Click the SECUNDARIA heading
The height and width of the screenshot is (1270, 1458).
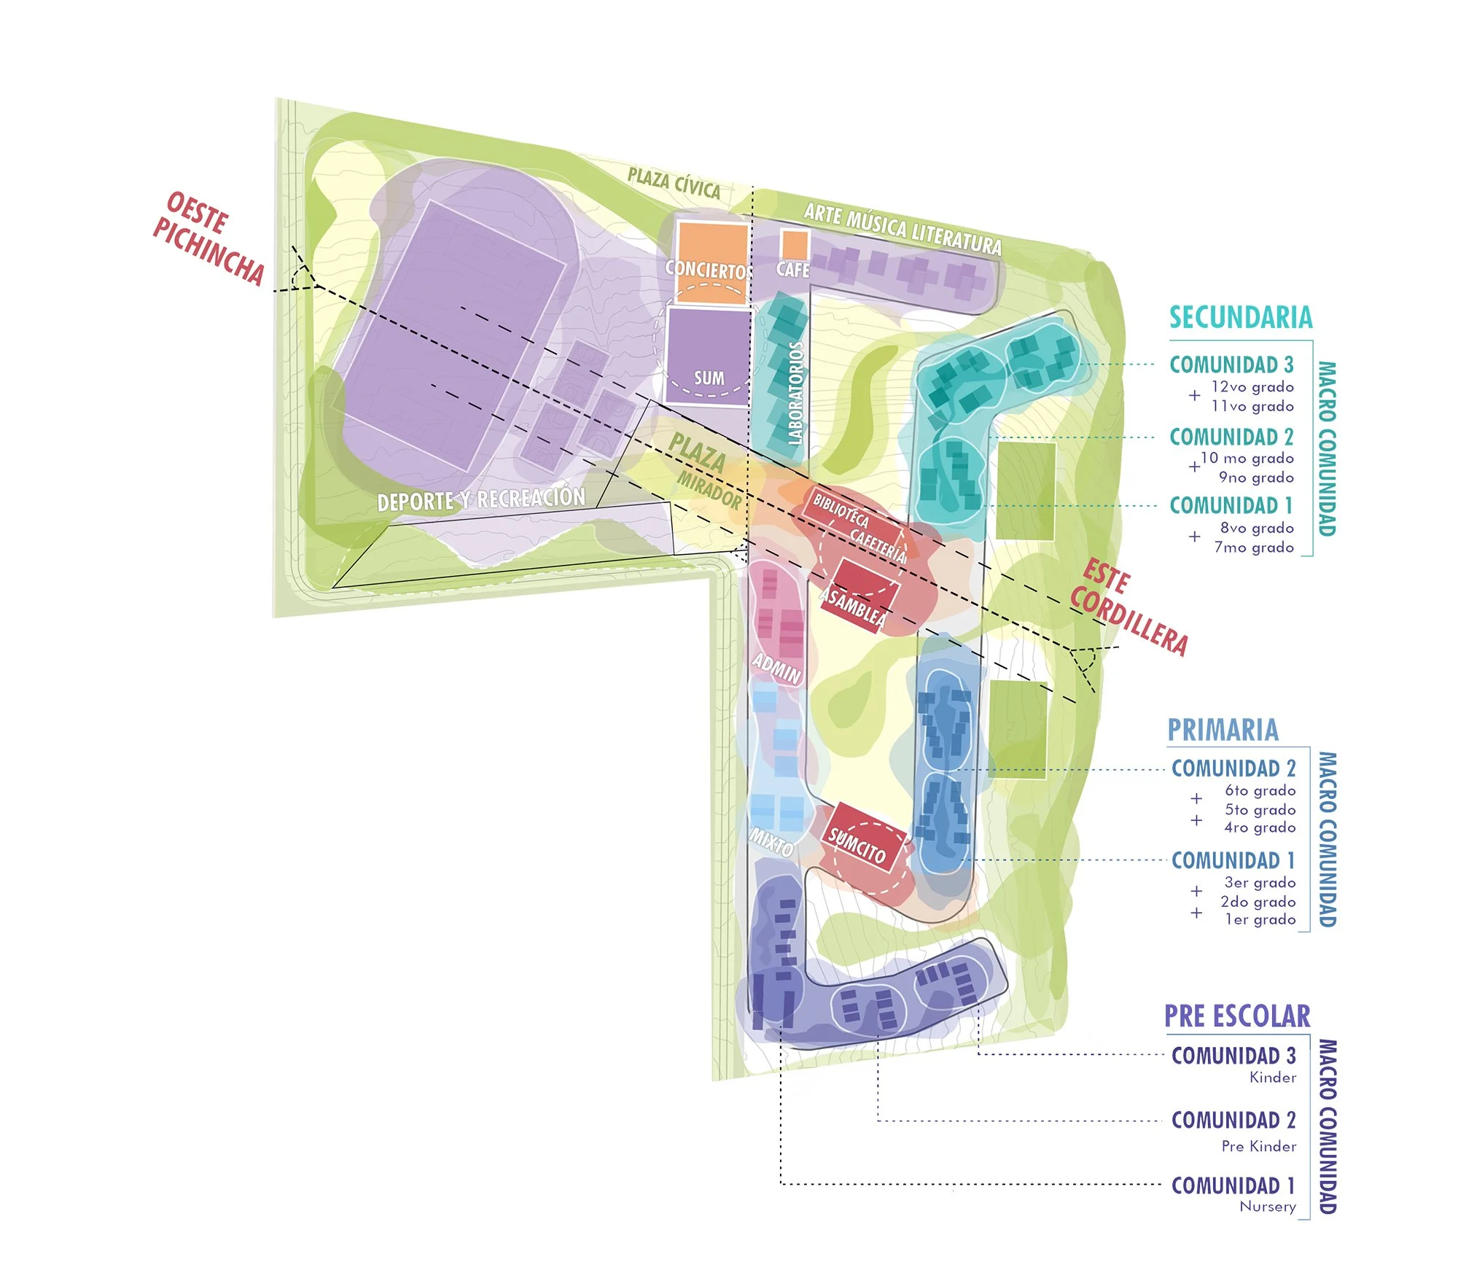tap(1241, 318)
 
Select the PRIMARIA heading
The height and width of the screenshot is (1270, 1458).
tap(1223, 730)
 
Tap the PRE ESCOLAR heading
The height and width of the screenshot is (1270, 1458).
tap(1236, 1016)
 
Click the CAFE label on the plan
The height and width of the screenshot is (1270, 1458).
tap(792, 270)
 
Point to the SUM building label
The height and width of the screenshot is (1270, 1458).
tap(709, 378)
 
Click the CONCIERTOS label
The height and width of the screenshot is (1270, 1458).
tap(706, 270)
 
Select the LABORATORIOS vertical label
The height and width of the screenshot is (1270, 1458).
tap(795, 393)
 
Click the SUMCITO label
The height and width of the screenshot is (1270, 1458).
tap(857, 846)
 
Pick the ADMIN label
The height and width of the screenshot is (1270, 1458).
tap(777, 667)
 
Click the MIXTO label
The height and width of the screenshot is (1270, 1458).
tap(771, 843)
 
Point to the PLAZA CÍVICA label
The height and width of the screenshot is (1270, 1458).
tap(674, 183)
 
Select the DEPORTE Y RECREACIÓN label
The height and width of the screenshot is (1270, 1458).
tap(481, 499)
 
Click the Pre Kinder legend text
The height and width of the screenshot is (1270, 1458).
tap(1259, 1146)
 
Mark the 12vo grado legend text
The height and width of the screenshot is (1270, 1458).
tap(1252, 387)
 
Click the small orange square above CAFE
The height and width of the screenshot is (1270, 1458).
tap(794, 244)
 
